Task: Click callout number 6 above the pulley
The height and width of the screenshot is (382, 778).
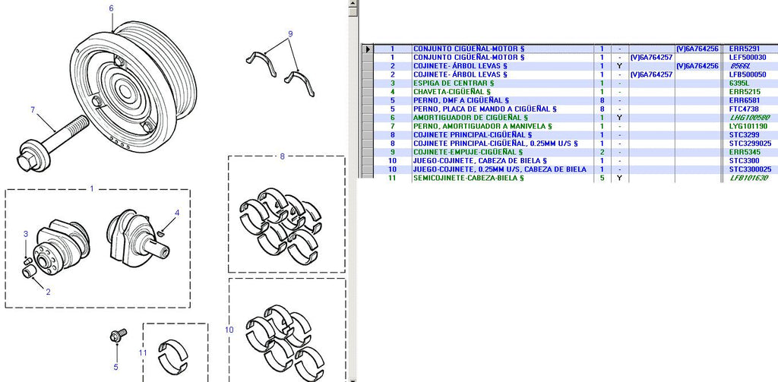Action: point(111,8)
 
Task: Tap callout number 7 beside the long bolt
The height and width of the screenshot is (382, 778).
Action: point(33,109)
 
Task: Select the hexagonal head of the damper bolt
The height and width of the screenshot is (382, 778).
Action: point(23,162)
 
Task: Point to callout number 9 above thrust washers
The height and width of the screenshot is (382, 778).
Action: point(290,33)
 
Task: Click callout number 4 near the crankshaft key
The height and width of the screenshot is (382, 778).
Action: point(176,213)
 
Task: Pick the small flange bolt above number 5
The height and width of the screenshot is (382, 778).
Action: point(118,336)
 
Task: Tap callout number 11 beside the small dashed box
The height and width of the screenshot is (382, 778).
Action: point(143,352)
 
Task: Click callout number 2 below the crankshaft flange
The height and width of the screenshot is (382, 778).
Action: point(48,292)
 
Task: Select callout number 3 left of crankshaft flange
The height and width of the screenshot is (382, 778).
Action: point(27,234)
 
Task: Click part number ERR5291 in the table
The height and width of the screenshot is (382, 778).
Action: point(745,49)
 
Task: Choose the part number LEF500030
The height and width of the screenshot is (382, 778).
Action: point(748,58)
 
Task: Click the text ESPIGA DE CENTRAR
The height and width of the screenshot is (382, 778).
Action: point(451,84)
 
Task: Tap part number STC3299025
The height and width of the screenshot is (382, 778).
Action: point(750,144)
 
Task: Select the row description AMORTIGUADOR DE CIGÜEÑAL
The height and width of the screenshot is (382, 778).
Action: point(467,118)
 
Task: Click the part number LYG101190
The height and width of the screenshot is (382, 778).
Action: point(748,126)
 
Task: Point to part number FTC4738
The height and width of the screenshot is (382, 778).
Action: point(744,109)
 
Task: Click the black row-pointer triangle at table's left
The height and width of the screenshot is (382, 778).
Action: point(368,49)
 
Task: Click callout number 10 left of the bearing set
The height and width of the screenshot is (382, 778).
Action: point(229,329)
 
